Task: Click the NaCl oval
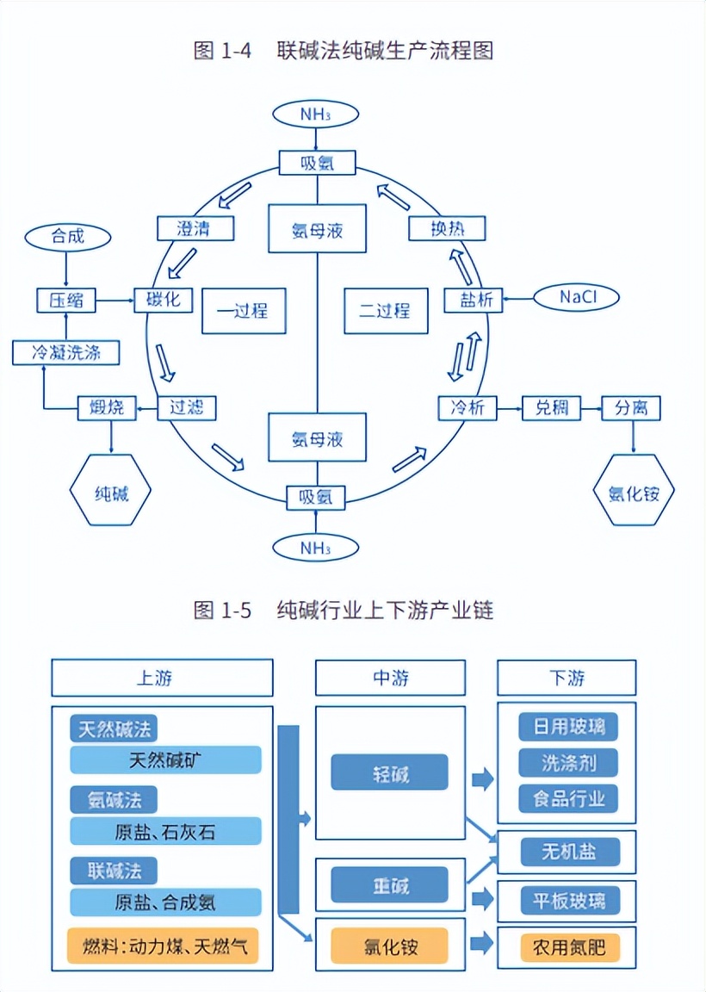point(577,297)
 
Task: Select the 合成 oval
point(68,236)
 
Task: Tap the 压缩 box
point(65,301)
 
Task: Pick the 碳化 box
point(164,301)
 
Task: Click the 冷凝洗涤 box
point(65,351)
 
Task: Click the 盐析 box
point(473,300)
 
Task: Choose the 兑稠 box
point(552,407)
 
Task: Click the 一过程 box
point(243,311)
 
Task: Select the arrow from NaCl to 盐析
point(517,299)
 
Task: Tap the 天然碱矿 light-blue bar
point(165,759)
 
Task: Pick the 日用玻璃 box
point(568,727)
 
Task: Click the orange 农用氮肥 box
point(568,948)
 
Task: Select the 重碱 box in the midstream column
point(390,884)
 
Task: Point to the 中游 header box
point(390,678)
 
